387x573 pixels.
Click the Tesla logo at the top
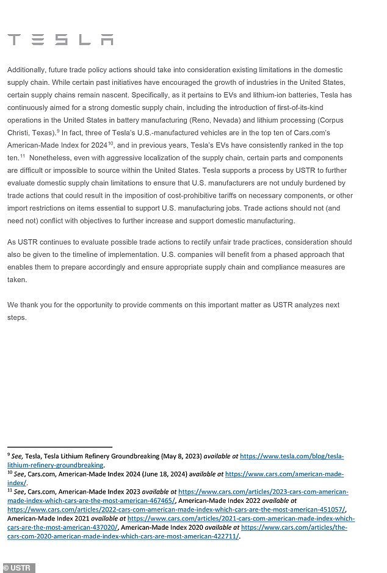point(60,40)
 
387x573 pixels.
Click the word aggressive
point(131,157)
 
